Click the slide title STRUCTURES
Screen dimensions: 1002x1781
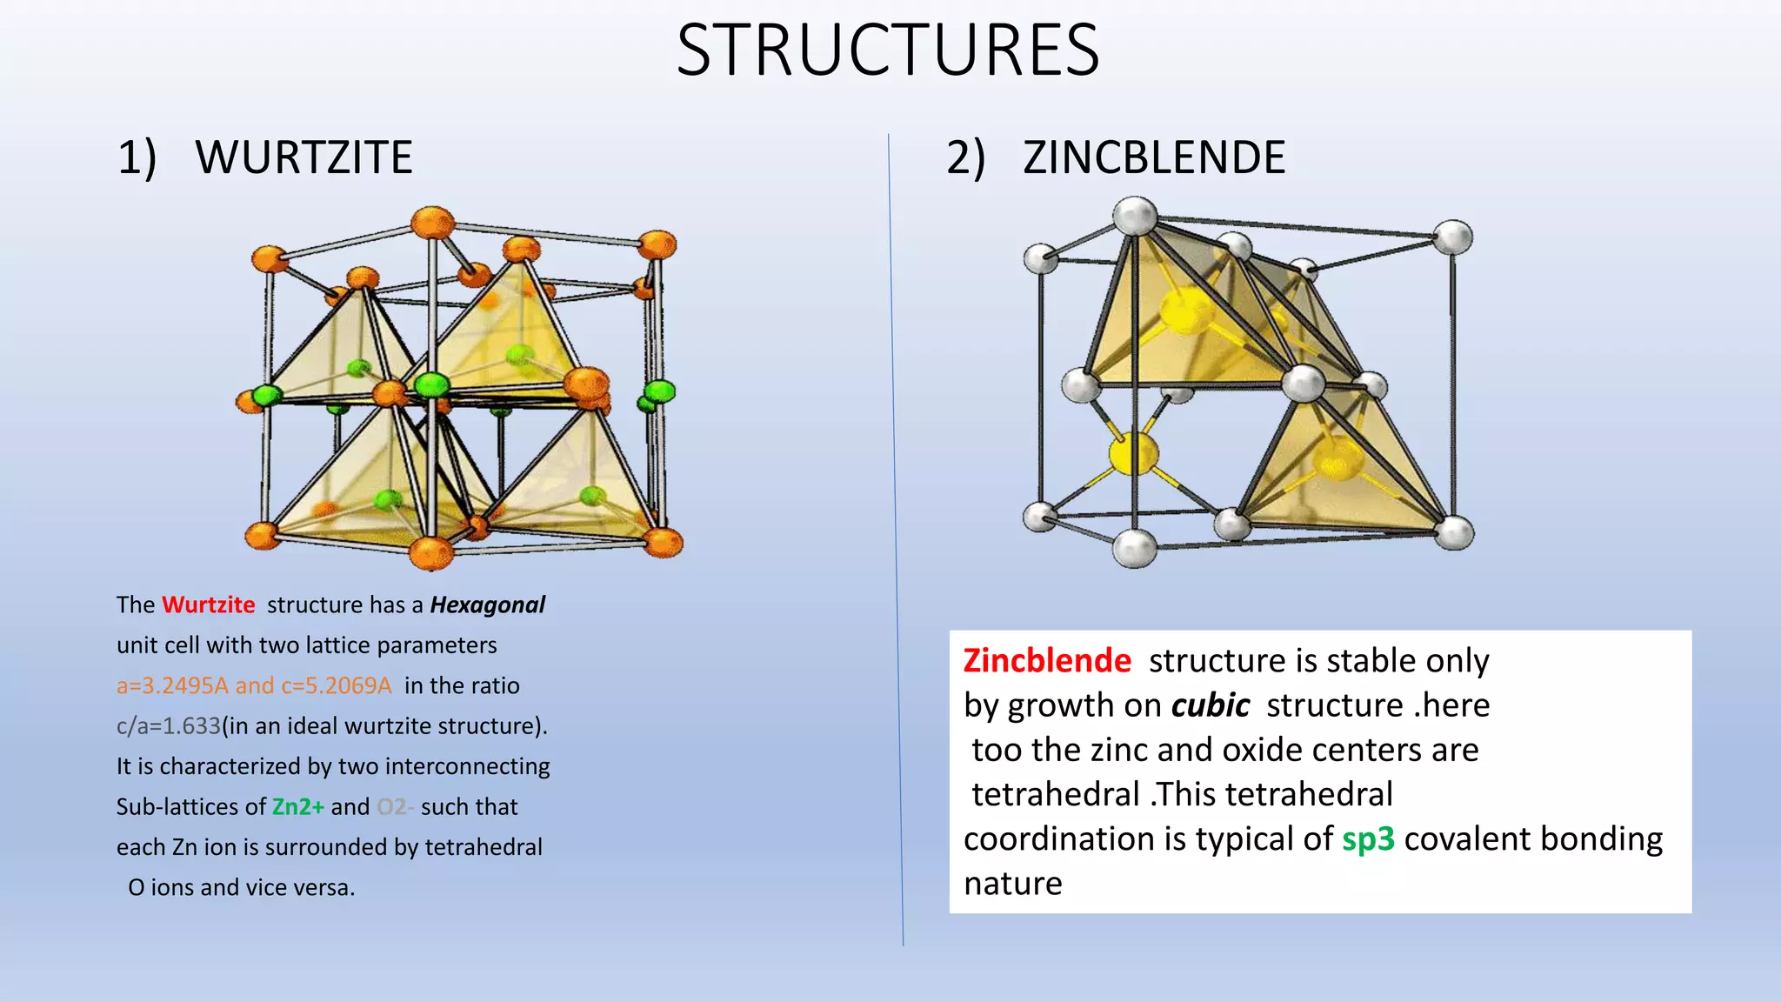(x=888, y=50)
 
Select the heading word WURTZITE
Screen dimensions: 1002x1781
(x=304, y=157)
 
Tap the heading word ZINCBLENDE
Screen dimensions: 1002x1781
(x=1154, y=157)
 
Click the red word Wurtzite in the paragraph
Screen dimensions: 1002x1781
(x=209, y=605)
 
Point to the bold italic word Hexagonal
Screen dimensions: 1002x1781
(x=487, y=605)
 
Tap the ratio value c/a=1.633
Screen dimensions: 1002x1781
(x=169, y=725)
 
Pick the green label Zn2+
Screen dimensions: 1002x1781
(x=297, y=806)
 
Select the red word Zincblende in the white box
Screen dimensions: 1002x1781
(x=1047, y=661)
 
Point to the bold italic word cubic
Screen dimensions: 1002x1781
(x=1211, y=705)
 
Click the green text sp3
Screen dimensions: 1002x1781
(x=1368, y=839)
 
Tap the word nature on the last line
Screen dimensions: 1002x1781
(x=1013, y=884)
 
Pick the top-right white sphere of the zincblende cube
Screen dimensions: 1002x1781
(x=1452, y=237)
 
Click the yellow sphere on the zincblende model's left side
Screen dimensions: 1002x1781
(x=1134, y=453)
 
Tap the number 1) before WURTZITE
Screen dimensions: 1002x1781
(x=137, y=157)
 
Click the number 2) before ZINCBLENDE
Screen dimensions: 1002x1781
(x=966, y=157)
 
